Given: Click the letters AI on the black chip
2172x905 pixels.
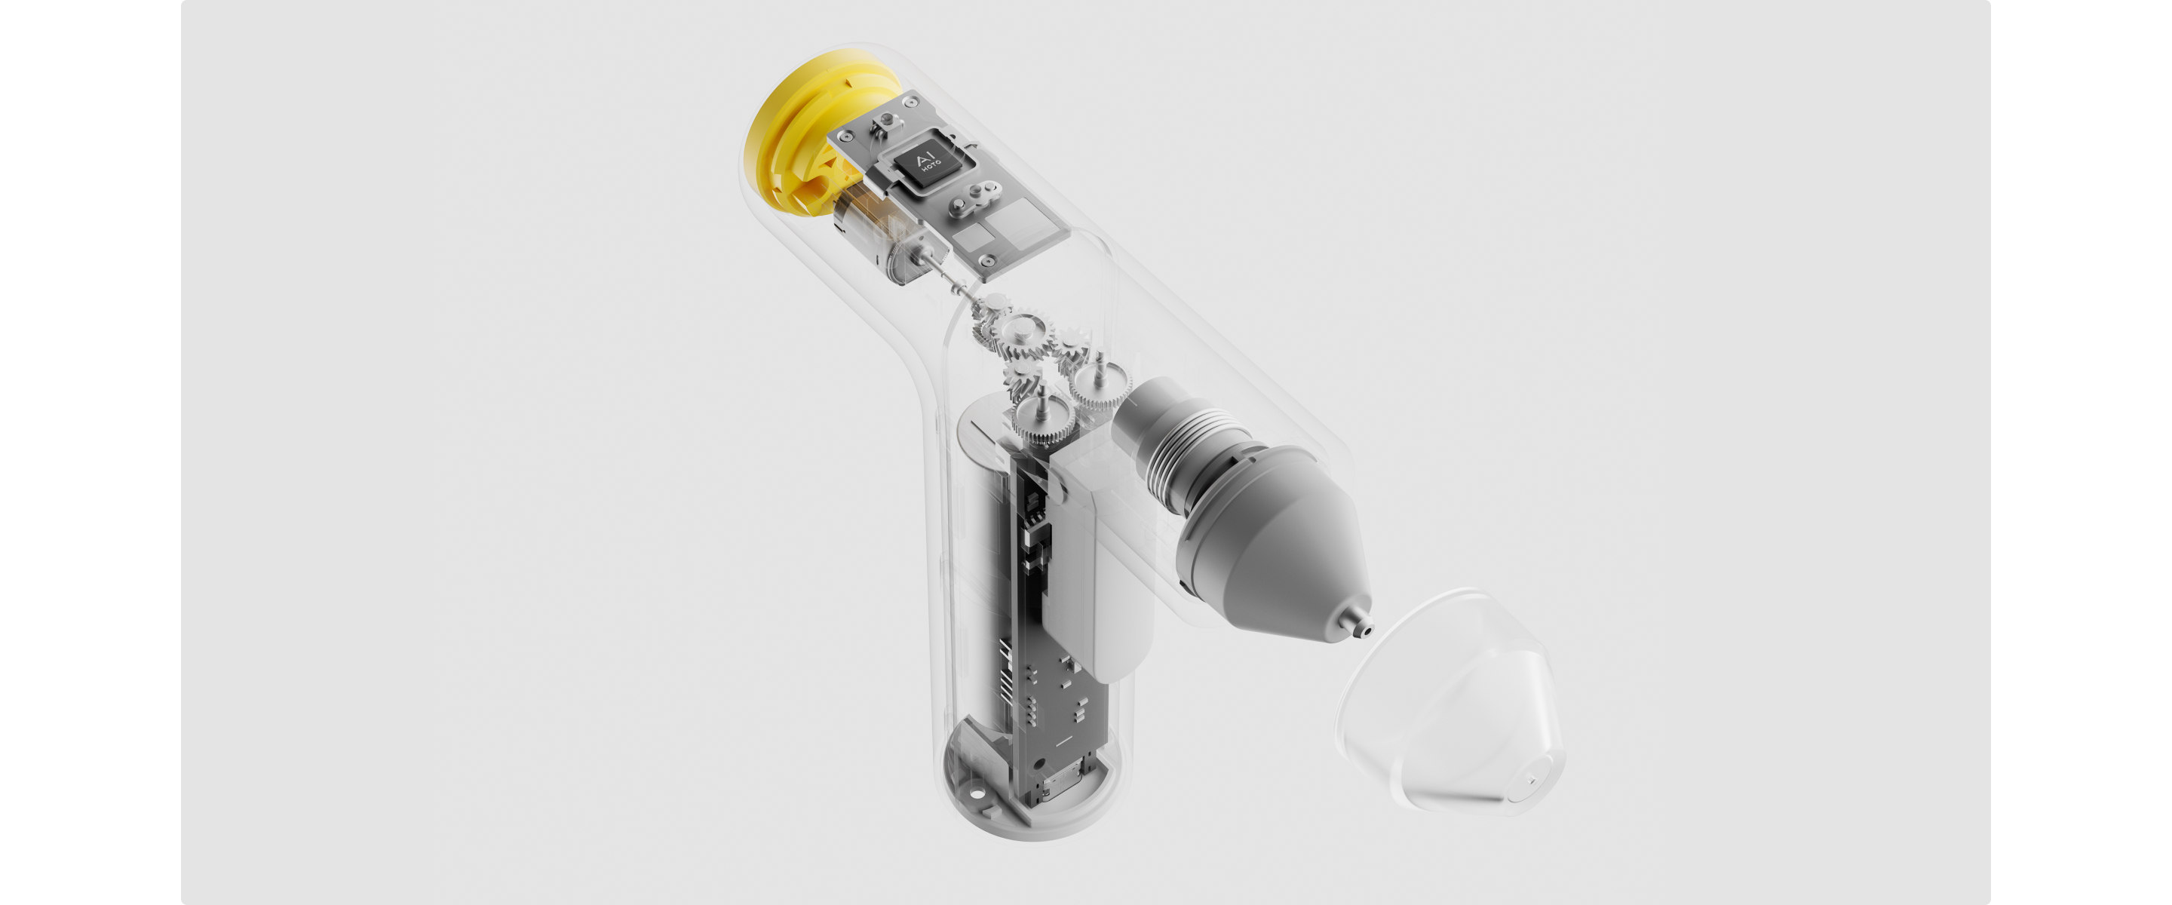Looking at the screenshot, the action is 925,159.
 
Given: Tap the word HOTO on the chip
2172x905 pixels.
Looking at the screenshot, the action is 931,165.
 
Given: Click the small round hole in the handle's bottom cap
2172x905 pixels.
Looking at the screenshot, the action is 978,793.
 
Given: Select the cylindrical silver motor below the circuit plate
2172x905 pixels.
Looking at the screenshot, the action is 877,236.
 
